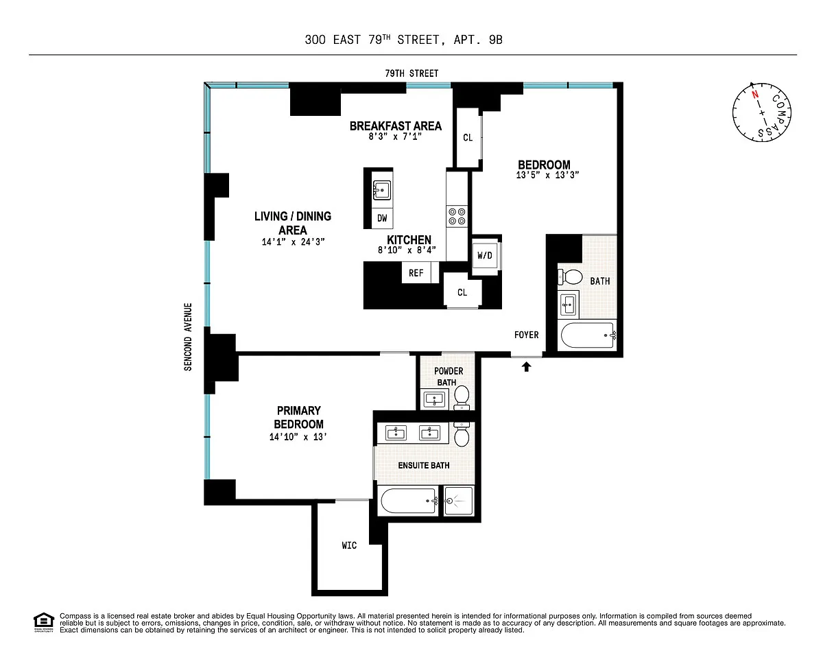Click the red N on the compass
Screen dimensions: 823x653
[755, 95]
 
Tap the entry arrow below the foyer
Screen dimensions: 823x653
[526, 366]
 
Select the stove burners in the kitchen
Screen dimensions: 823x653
[457, 216]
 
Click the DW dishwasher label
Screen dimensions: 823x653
[382, 218]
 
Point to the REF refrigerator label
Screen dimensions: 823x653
[416, 273]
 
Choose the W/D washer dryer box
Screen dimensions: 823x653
[485, 255]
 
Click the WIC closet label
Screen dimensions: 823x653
[349, 545]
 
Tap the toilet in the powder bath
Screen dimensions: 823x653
[462, 397]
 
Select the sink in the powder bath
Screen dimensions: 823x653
[434, 400]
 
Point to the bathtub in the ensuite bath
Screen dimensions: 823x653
[409, 501]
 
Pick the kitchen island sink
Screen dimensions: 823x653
[382, 190]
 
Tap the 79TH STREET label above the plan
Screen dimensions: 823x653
[411, 73]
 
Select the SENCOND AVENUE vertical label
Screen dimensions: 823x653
[188, 337]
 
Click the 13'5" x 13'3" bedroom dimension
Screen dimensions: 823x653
[547, 175]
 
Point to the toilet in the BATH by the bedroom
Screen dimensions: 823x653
[570, 277]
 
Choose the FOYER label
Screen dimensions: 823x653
[526, 335]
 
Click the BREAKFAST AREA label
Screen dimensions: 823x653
[396, 126]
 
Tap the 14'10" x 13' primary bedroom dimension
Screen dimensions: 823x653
[298, 437]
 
